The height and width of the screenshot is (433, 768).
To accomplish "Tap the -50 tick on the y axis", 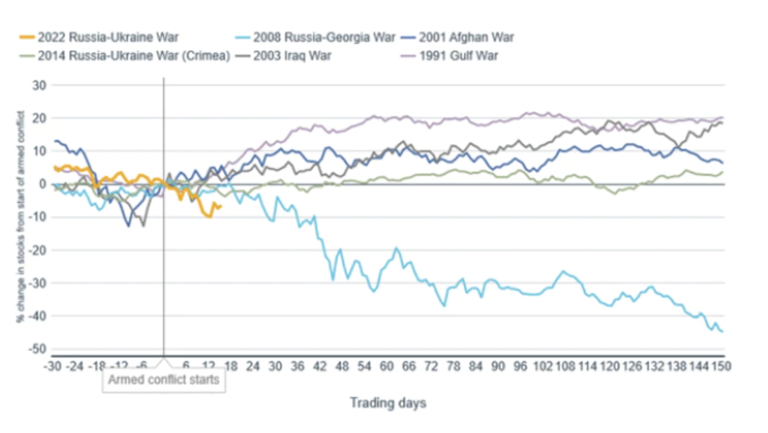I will (38, 349).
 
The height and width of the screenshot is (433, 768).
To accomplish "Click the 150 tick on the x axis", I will (721, 366).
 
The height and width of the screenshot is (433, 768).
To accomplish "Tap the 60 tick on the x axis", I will (387, 366).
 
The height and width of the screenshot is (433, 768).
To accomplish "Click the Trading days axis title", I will (388, 403).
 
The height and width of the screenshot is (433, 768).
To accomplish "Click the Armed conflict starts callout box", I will (164, 379).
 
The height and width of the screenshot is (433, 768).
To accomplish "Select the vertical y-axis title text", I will (20, 216).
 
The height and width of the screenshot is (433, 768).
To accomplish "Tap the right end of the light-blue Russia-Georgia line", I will (722, 332).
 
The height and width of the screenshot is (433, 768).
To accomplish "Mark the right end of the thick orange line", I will (220, 206).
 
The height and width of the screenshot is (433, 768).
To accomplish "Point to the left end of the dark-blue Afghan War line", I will (55, 141).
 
